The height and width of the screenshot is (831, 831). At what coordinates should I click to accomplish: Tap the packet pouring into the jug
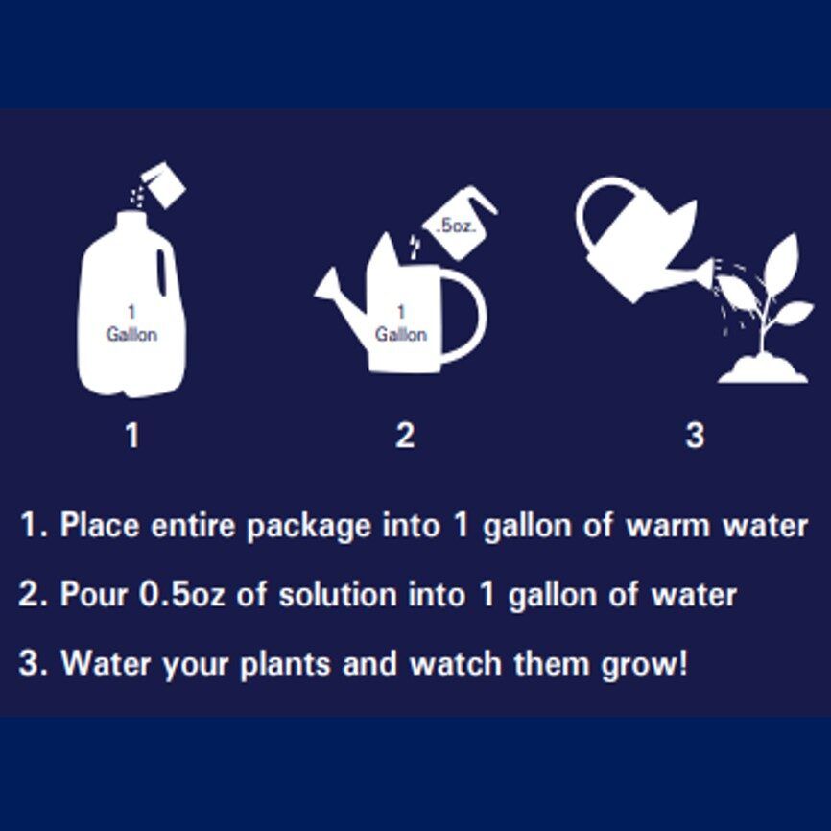pyautogui.click(x=164, y=184)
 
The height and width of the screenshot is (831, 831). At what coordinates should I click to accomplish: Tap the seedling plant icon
pyautogui.click(x=763, y=307)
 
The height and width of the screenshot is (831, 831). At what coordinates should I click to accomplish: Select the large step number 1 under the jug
pyautogui.click(x=132, y=435)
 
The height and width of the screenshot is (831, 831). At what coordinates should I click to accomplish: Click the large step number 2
pyautogui.click(x=405, y=435)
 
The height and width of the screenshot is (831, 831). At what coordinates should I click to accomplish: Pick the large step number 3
pyautogui.click(x=695, y=435)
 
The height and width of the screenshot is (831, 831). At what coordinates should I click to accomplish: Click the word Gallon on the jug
pyautogui.click(x=131, y=334)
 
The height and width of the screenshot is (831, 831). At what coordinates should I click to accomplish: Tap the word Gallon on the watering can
pyautogui.click(x=401, y=334)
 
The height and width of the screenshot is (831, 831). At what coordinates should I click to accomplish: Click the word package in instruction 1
pyautogui.click(x=309, y=527)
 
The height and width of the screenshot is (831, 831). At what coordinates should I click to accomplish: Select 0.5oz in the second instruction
pyautogui.click(x=181, y=594)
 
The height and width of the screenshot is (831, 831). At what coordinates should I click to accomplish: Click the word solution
pyautogui.click(x=338, y=594)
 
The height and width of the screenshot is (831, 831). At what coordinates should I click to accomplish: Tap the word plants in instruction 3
pyautogui.click(x=286, y=665)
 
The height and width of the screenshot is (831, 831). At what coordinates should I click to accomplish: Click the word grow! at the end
pyautogui.click(x=645, y=665)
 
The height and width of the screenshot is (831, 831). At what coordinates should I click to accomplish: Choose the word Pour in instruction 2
pyautogui.click(x=94, y=594)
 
